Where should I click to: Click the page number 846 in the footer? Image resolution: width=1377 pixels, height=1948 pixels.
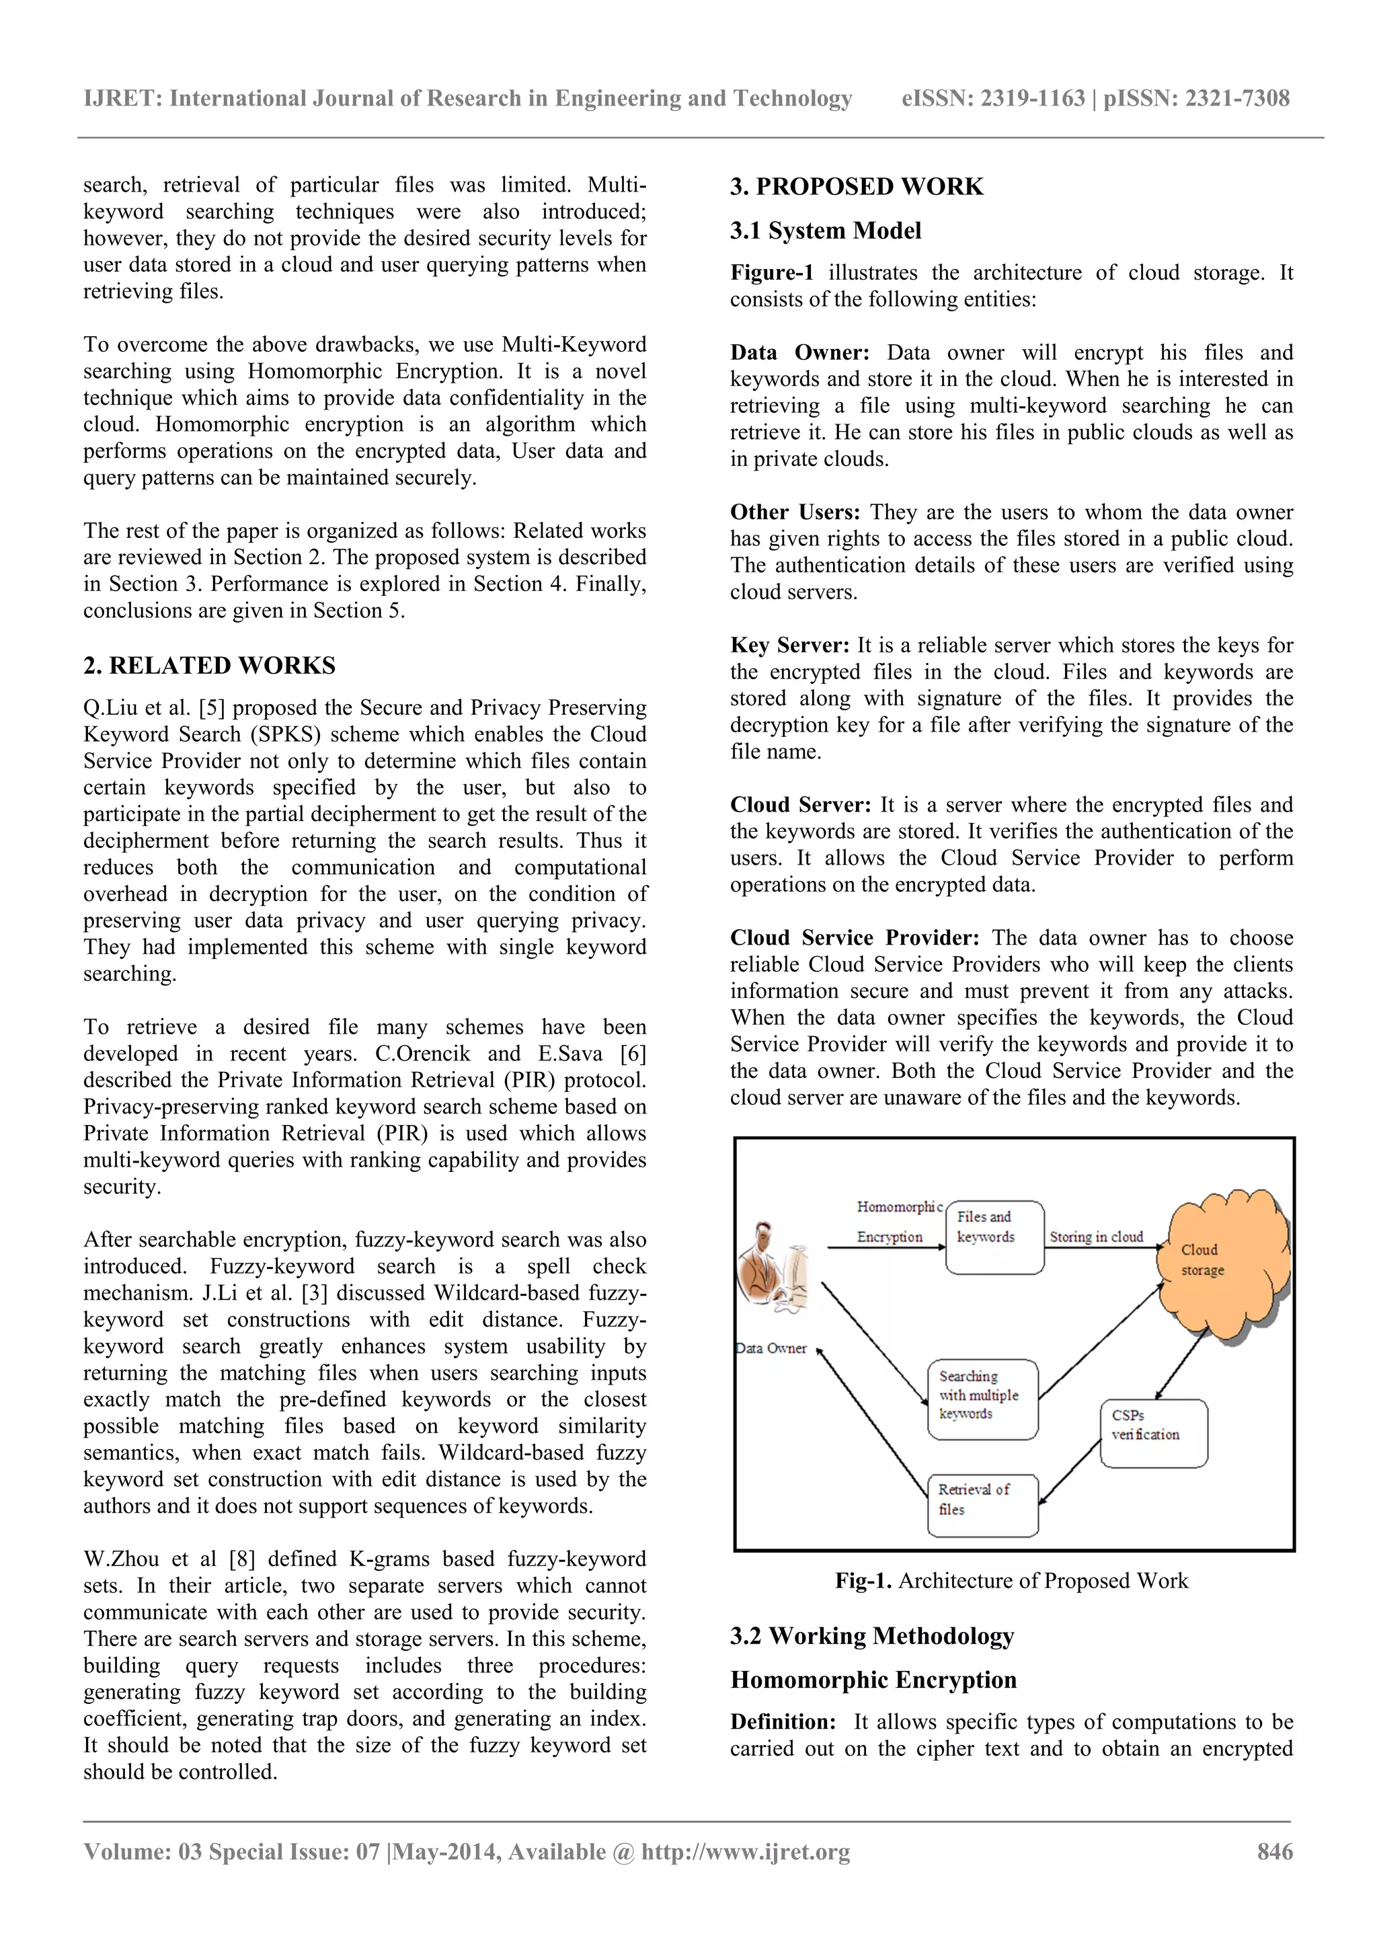[1274, 1852]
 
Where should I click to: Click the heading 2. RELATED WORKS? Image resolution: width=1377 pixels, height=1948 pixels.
[210, 666]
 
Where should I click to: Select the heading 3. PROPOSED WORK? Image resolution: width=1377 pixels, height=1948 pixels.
[857, 187]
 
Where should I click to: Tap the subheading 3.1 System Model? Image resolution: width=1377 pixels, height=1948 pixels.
[826, 231]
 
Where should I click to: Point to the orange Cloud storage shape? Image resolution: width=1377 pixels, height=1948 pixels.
[1222, 1264]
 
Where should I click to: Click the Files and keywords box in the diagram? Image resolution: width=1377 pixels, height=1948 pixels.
[994, 1238]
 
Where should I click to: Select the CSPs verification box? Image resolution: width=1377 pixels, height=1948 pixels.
[1153, 1434]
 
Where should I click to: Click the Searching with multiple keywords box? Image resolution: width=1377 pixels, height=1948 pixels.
[982, 1400]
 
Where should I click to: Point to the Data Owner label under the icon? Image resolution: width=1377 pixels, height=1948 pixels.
[771, 1349]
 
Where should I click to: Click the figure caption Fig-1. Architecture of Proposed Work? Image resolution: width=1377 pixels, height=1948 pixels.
[1011, 1581]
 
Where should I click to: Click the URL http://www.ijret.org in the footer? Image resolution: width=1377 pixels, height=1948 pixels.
[745, 1852]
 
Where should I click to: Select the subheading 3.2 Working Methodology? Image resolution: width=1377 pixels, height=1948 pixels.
[872, 1637]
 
